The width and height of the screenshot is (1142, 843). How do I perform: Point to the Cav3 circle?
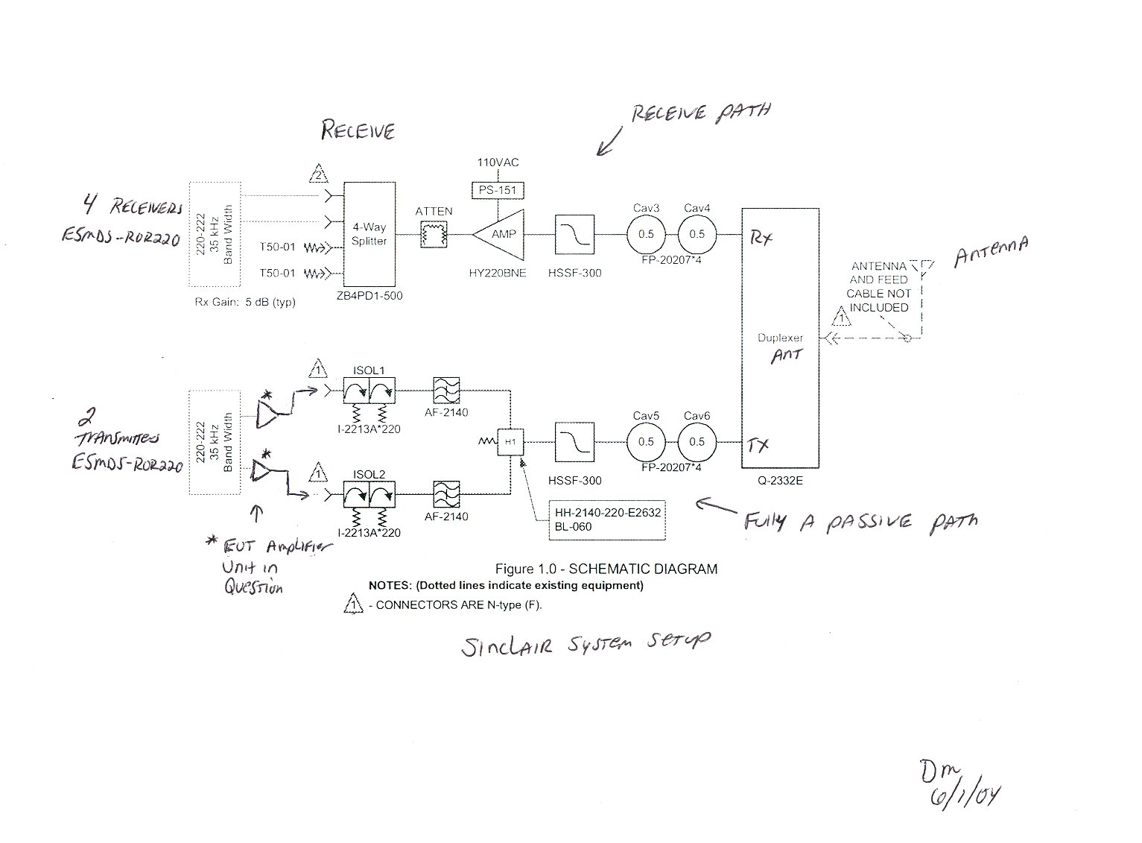(x=646, y=234)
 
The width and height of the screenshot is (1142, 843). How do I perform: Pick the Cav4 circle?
(x=697, y=234)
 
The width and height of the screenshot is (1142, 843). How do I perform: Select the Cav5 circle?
(x=646, y=442)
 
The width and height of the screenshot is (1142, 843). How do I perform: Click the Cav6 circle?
(x=697, y=442)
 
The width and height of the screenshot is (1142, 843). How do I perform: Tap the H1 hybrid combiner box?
(x=510, y=442)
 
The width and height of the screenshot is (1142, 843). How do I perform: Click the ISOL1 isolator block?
(x=369, y=390)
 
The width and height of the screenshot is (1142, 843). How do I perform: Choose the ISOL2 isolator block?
(x=369, y=494)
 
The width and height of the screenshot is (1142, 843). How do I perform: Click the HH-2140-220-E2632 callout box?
(x=606, y=520)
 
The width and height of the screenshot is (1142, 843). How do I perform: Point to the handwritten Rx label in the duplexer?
(x=761, y=238)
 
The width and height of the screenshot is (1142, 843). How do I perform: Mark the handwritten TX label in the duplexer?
(x=758, y=446)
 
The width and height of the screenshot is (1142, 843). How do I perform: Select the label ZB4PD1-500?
(x=369, y=296)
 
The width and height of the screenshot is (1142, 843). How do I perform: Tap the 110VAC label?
(x=498, y=162)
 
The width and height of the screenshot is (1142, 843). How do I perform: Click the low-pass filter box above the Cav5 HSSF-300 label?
(x=574, y=442)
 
